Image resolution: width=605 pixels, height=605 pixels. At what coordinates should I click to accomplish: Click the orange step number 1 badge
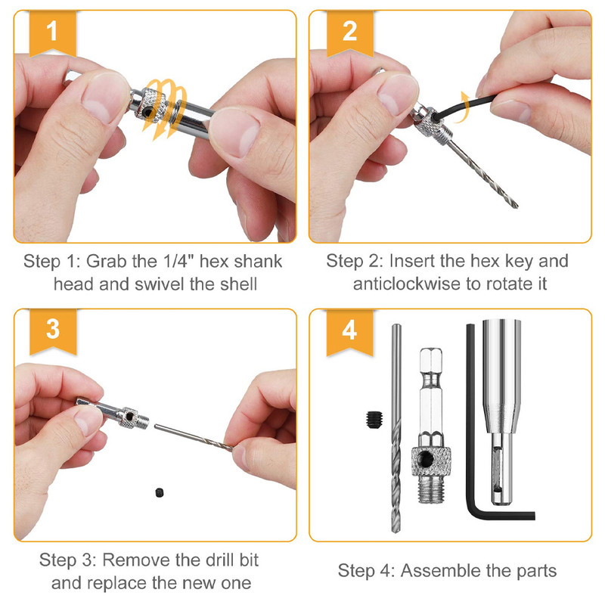coord(51,32)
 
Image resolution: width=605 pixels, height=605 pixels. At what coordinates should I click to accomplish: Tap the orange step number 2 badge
coord(349,32)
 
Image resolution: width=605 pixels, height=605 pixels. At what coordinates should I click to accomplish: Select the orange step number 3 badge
coord(51,330)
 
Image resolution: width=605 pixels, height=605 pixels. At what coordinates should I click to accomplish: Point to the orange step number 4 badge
coord(349,330)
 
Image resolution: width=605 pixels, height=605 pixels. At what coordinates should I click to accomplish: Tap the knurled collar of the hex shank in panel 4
coord(429,458)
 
